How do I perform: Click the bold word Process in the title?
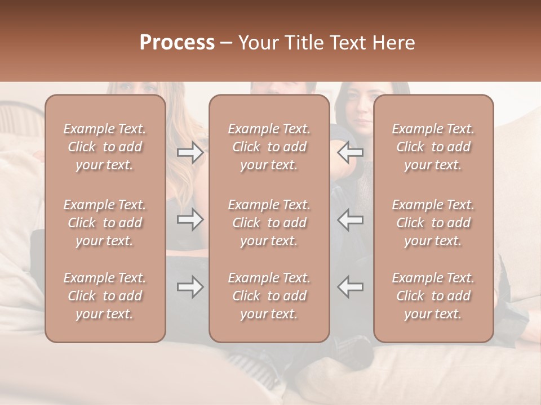pos(177,43)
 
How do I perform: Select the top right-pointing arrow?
pos(190,152)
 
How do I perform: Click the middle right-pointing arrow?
pos(190,219)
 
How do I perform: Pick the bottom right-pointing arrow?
pos(190,287)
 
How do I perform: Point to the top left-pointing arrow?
pos(350,152)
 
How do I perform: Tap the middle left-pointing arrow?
pos(350,219)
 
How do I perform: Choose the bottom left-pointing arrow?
pos(350,287)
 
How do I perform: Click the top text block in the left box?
pos(105,147)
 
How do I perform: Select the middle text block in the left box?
pos(105,223)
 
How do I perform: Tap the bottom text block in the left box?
pos(105,296)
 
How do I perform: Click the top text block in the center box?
pos(269,147)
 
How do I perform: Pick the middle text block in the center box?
pos(269,223)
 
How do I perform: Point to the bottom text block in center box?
pos(269,296)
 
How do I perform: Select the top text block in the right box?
pos(433,147)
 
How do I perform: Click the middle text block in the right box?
pos(433,223)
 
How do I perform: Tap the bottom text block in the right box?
pos(433,296)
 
